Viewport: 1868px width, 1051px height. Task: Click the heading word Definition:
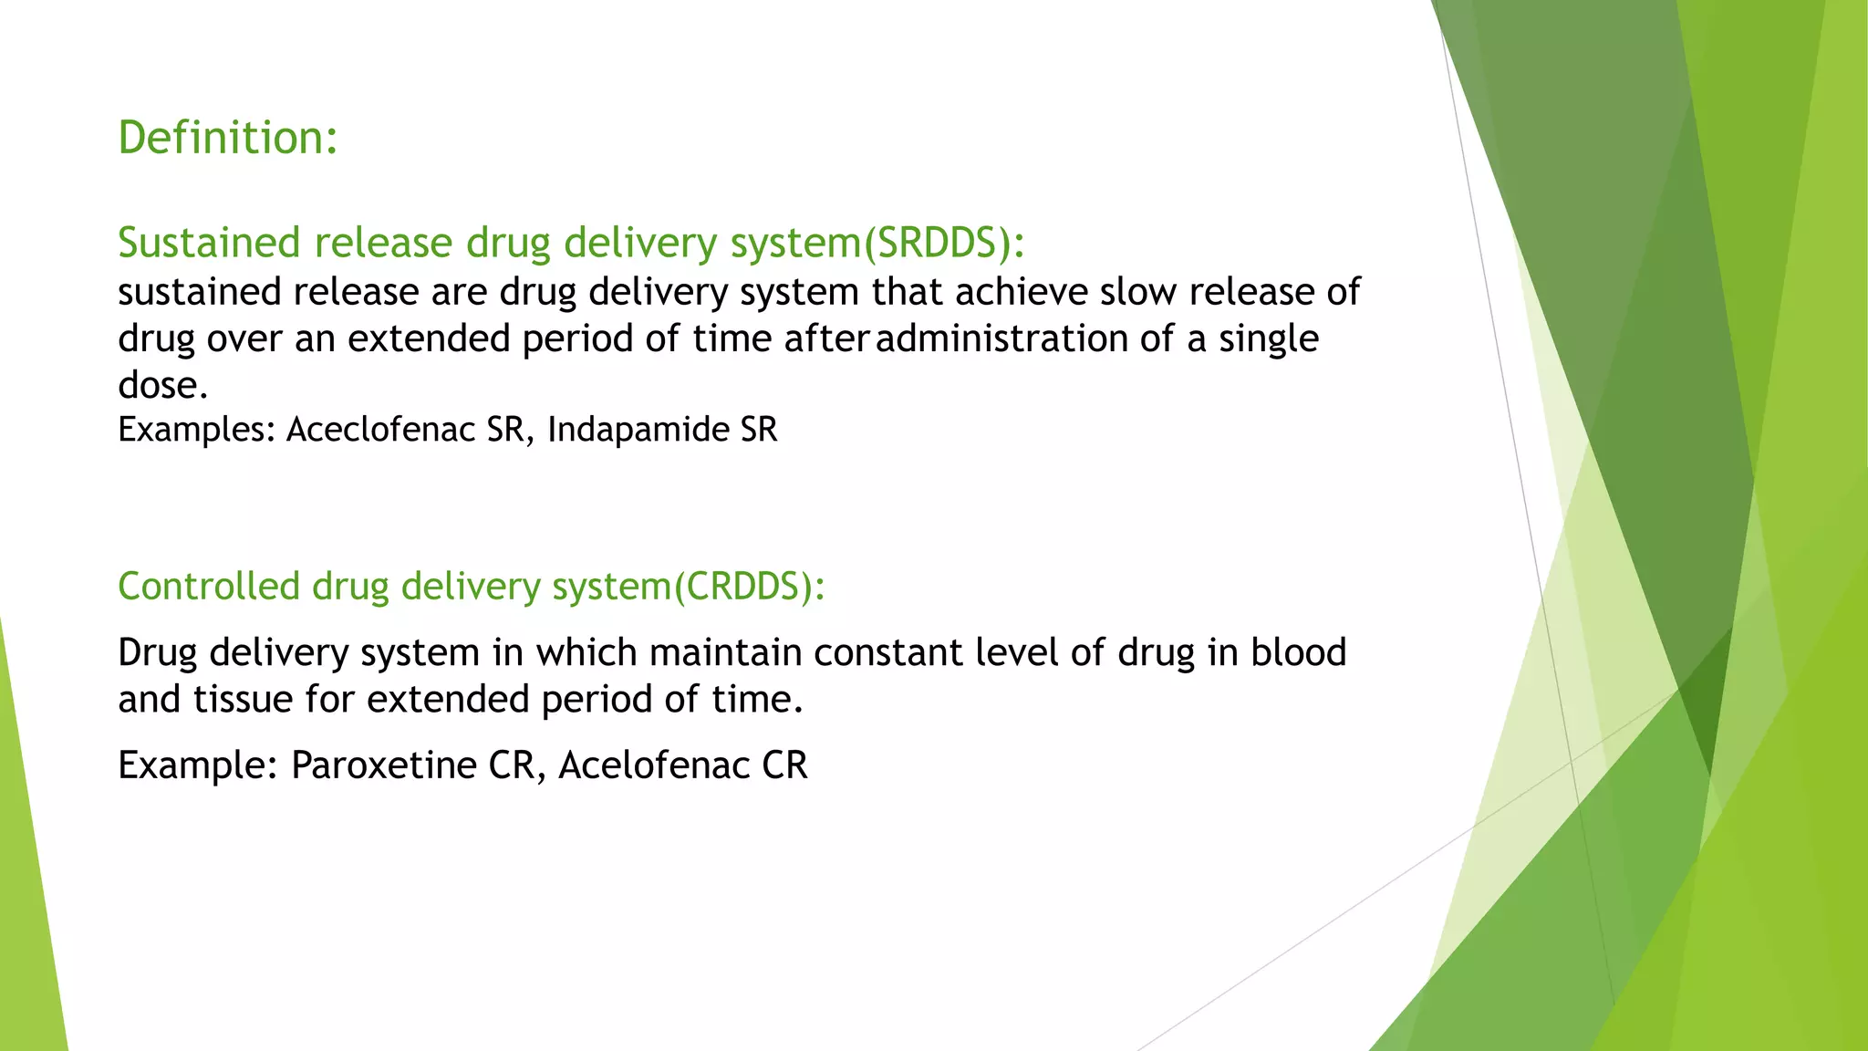point(228,138)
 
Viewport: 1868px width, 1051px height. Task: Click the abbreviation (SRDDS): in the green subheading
point(944,243)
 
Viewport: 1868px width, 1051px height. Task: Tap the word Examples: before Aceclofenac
point(196,430)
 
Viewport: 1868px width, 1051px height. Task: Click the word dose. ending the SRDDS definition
point(163,385)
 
